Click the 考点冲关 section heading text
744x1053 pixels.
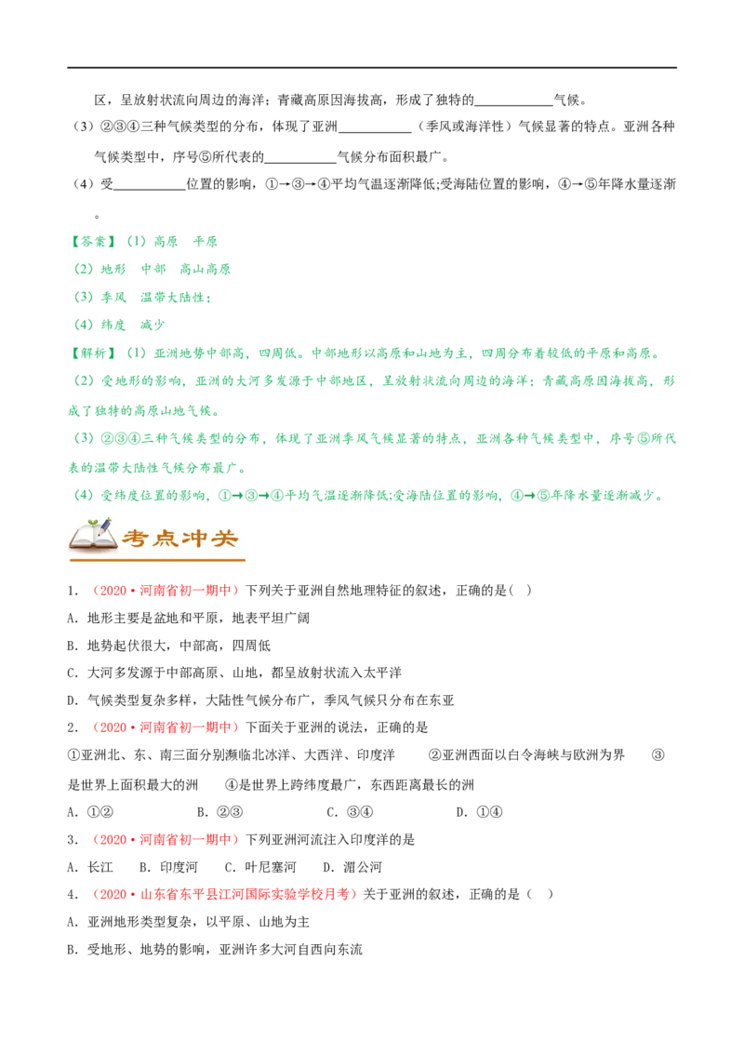(180, 539)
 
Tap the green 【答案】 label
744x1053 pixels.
(93, 242)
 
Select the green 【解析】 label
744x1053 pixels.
(93, 353)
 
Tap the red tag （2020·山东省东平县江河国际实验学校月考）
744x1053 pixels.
(223, 895)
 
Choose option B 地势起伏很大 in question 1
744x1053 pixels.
(169, 646)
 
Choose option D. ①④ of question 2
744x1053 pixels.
(479, 812)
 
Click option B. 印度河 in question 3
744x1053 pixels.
(168, 867)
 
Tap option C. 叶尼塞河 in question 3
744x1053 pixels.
(259, 867)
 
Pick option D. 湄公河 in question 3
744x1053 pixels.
(352, 867)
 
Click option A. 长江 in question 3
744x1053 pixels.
(90, 867)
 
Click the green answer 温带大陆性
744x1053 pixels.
(172, 298)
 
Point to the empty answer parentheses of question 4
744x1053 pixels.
(540, 895)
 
